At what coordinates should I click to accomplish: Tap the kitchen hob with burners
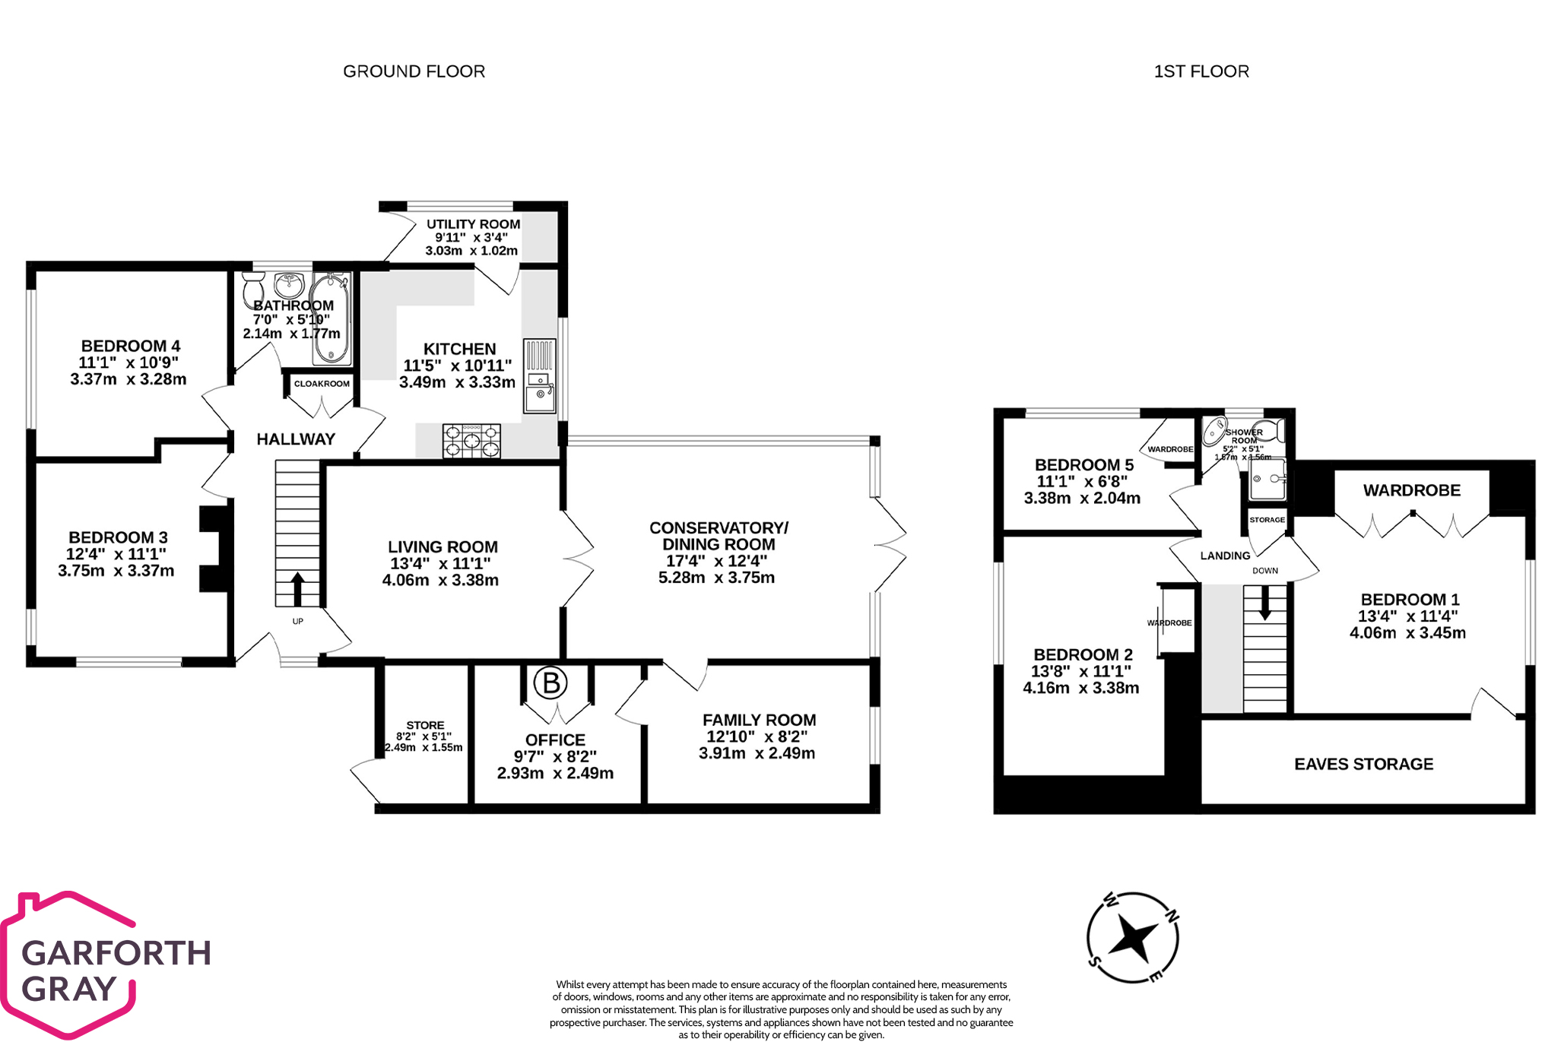[471, 441]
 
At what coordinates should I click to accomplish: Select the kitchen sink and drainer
[539, 375]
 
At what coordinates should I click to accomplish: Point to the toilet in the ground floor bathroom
[253, 289]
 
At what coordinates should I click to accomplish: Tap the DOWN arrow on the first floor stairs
[1264, 603]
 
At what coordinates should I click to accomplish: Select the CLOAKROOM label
[322, 384]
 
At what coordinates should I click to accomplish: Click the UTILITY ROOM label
[473, 224]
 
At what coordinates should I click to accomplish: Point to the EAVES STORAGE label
[1363, 764]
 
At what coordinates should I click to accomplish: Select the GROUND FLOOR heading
[414, 71]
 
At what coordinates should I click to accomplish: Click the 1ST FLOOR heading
[1201, 71]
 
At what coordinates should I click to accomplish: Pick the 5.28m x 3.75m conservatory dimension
[716, 578]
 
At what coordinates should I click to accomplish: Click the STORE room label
[424, 725]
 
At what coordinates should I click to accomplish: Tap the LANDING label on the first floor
[1224, 556]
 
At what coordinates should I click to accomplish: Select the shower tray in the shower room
[1267, 479]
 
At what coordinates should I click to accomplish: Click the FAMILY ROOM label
[759, 720]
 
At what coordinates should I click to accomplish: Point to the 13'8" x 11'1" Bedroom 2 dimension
[1080, 671]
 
